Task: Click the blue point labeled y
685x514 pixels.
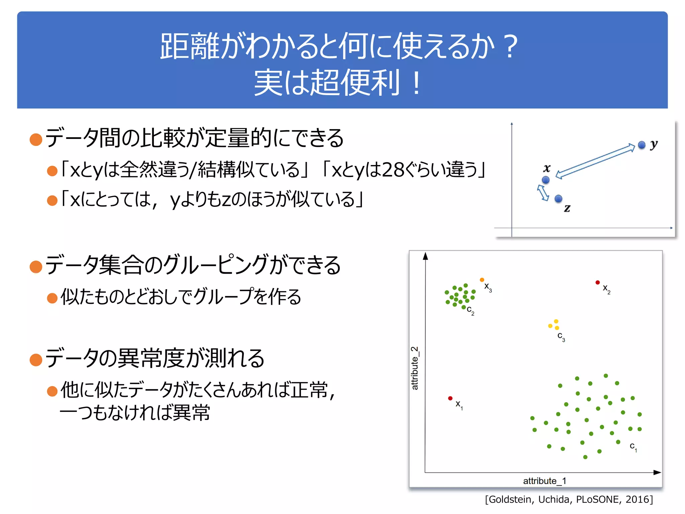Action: tap(641, 145)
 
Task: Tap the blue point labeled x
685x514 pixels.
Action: tap(546, 180)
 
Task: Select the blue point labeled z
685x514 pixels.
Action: tap(558, 199)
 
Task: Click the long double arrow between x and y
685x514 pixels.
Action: tap(595, 161)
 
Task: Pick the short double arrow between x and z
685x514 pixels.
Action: tap(543, 193)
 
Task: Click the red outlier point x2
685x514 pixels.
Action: tap(597, 282)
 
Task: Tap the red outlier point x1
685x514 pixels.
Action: tap(450, 398)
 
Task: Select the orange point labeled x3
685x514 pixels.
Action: tap(482, 280)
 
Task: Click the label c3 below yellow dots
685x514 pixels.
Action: tap(561, 336)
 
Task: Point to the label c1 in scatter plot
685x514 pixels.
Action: tap(633, 447)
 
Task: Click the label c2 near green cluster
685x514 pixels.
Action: tap(470, 310)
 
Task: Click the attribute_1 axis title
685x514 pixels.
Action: tap(545, 481)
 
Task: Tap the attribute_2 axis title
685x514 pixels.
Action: tap(415, 368)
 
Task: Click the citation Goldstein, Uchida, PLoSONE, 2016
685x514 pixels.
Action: tap(569, 499)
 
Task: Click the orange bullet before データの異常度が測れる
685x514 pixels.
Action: tap(36, 360)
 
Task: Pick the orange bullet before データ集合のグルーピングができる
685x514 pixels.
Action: tap(36, 267)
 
